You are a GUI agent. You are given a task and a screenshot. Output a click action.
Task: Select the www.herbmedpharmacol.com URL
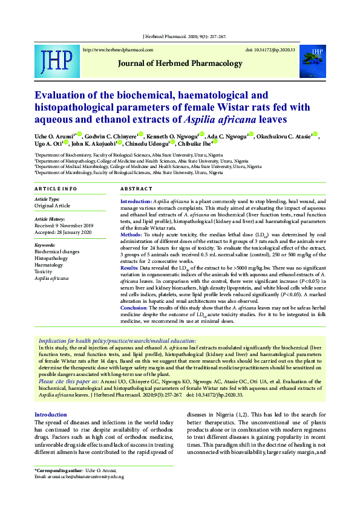pyautogui.click(x=117, y=50)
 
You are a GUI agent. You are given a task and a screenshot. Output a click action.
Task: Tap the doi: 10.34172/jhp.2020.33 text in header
pyautogui.click(x=270, y=50)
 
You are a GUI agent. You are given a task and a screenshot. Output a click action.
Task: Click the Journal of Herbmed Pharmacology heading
pyautogui.click(x=180, y=63)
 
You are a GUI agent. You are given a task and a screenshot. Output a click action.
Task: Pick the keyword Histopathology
pyautogui.click(x=51, y=258)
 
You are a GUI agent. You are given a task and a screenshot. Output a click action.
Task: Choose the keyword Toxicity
pyautogui.click(x=44, y=272)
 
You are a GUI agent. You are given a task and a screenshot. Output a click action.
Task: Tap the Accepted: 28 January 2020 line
pyautogui.click(x=62, y=232)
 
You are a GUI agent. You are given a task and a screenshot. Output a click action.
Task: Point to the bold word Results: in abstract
pyautogui.click(x=130, y=267)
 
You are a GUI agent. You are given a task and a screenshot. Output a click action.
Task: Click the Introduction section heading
pyautogui.click(x=51, y=415)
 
